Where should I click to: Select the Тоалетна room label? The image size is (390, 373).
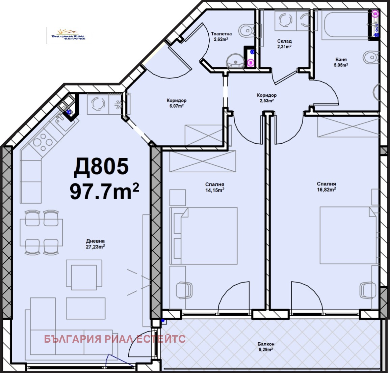click(x=222, y=34)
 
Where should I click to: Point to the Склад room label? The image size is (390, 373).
click(x=285, y=41)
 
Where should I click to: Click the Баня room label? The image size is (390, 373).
click(x=341, y=60)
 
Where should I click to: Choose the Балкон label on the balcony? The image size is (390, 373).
click(x=266, y=344)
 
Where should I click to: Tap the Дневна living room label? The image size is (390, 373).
click(x=95, y=241)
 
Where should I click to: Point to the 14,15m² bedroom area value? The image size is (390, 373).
click(x=215, y=190)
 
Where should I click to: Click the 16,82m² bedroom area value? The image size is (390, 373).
click(x=326, y=190)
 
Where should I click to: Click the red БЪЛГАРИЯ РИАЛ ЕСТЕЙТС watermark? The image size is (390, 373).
click(x=115, y=339)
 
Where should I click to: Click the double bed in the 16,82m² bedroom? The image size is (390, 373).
click(x=348, y=235)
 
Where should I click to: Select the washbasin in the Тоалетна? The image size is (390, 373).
click(x=235, y=61)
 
